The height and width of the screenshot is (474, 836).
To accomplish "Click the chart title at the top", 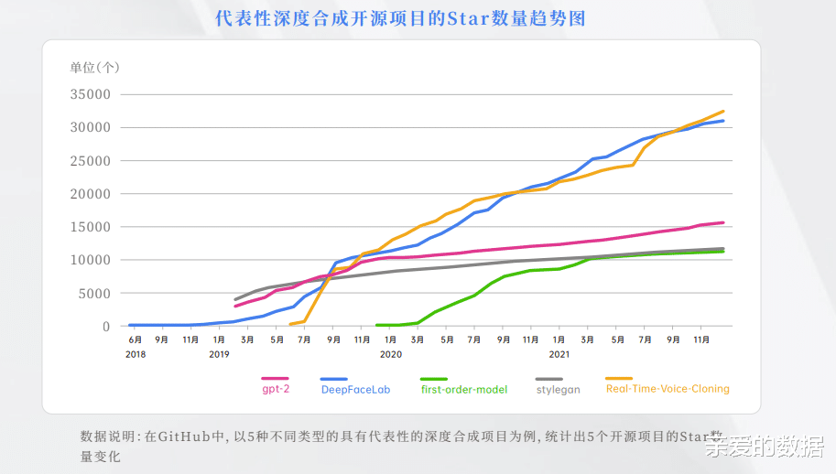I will (x=399, y=18).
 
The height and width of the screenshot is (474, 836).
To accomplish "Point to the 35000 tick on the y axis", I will (x=92, y=94).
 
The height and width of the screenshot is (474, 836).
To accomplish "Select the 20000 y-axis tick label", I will (x=92, y=194).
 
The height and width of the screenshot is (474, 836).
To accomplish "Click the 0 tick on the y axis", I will (x=106, y=327).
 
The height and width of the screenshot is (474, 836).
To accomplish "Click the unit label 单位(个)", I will (x=94, y=67).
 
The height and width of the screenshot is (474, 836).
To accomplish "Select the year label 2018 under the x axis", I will (x=136, y=353).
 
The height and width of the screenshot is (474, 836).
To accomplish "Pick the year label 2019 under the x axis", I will (x=219, y=353).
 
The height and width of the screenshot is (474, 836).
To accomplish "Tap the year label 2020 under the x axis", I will (x=391, y=353).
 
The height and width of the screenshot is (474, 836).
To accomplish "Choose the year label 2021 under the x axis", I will (x=559, y=353).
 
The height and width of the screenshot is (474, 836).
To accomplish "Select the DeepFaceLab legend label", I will (x=355, y=389).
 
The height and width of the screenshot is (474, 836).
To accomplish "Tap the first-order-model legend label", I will (x=463, y=389).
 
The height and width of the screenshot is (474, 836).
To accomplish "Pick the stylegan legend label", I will (x=558, y=389).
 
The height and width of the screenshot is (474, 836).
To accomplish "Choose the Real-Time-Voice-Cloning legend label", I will (x=668, y=389).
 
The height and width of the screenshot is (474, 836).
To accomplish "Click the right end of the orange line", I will (x=723, y=111).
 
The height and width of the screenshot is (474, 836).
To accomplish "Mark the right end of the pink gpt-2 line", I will (x=723, y=222).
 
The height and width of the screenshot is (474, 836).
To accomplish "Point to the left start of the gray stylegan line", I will (x=235, y=299).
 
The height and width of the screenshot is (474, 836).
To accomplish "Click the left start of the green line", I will (x=377, y=325).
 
